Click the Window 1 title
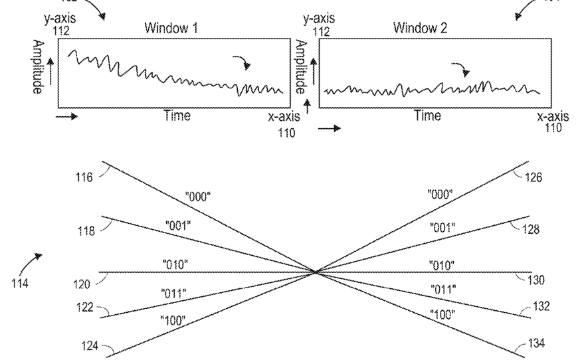[x=171, y=29]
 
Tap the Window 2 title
[x=420, y=29]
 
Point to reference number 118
[x=86, y=230]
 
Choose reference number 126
[x=533, y=177]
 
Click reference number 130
[x=535, y=280]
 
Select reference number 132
[x=541, y=307]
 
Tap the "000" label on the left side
[x=197, y=197]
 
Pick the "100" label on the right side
[x=442, y=314]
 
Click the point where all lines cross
[x=315, y=272]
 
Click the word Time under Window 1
[x=177, y=116]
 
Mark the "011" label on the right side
[x=442, y=290]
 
